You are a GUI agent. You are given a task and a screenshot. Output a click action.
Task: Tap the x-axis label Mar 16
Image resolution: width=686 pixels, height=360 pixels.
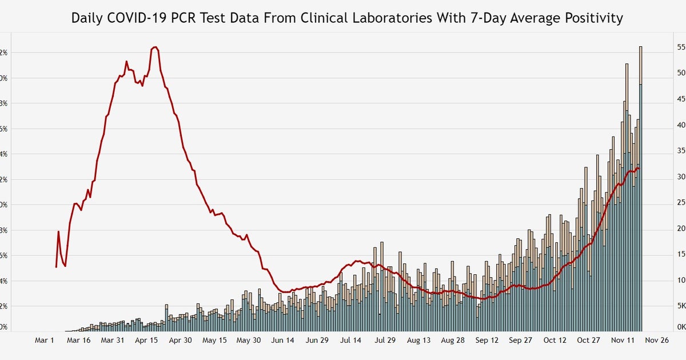click(79, 340)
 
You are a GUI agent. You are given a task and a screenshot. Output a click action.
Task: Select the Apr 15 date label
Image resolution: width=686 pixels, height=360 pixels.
click(147, 340)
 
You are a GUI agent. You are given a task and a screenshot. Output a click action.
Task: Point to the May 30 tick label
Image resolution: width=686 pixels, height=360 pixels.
click(249, 340)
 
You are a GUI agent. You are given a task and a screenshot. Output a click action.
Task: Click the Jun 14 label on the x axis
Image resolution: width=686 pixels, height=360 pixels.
click(282, 340)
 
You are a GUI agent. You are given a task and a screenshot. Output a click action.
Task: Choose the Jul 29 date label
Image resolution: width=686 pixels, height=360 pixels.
click(385, 340)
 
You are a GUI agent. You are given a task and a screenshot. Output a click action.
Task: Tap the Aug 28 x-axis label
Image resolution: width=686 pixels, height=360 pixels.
click(453, 340)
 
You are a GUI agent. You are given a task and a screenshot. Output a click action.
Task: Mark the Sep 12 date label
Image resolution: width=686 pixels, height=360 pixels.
click(487, 340)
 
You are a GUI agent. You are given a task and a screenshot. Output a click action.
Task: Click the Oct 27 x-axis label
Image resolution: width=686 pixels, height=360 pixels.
click(589, 340)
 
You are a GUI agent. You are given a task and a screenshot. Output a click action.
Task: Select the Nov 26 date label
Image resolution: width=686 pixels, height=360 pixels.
click(657, 340)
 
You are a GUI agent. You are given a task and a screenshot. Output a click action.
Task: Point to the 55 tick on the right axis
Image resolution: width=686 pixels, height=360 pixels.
click(681, 47)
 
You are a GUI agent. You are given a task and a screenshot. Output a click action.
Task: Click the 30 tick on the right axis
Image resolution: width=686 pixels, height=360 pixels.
click(681, 177)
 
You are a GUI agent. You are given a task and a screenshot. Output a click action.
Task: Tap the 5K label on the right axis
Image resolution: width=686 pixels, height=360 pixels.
click(681, 306)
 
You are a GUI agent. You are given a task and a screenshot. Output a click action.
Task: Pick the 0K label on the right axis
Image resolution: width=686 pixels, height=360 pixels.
click(681, 327)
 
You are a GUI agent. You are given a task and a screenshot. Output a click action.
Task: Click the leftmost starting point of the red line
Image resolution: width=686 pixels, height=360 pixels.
click(56, 267)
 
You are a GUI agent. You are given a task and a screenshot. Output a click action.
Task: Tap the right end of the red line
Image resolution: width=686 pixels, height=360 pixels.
click(639, 168)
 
